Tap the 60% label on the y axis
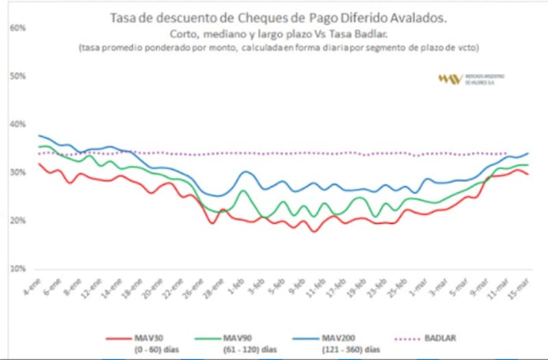click(x=16, y=27)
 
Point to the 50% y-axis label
click(x=16, y=76)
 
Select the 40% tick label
click(x=16, y=125)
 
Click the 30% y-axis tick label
click(x=16, y=172)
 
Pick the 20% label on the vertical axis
click(x=16, y=221)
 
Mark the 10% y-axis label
click(x=16, y=269)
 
